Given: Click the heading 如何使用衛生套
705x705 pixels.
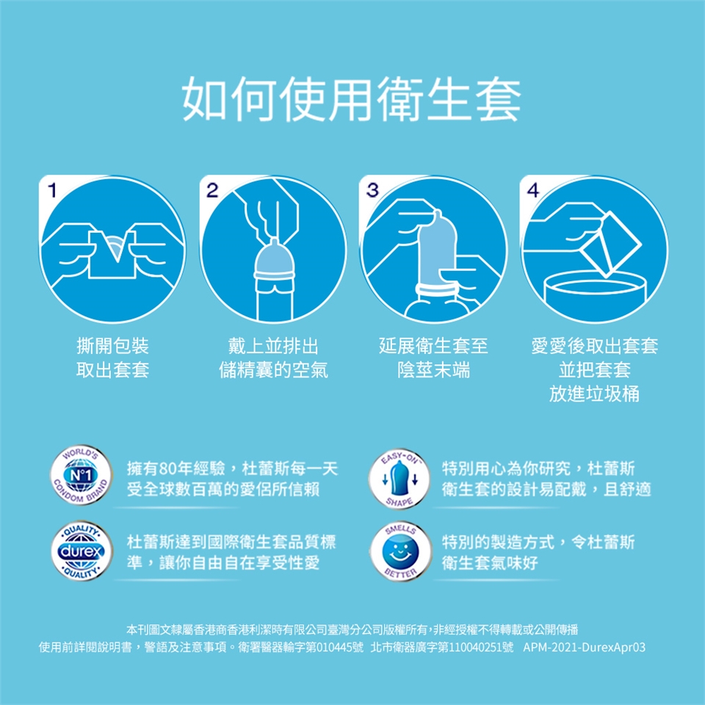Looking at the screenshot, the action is pyautogui.click(x=352, y=98).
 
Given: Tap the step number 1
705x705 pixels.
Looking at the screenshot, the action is pyautogui.click(x=52, y=190).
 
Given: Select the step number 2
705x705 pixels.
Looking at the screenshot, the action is pyautogui.click(x=212, y=190).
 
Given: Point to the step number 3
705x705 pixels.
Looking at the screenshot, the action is pyautogui.click(x=372, y=190).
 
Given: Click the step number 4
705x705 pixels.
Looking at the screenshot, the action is pyautogui.click(x=533, y=190).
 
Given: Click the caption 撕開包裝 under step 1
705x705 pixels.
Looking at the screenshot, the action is pyautogui.click(x=112, y=346).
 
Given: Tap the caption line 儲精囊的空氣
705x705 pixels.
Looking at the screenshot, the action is pyautogui.click(x=273, y=369).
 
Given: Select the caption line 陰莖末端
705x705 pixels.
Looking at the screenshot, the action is pyautogui.click(x=433, y=369).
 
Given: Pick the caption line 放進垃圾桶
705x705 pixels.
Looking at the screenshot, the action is pyautogui.click(x=594, y=394).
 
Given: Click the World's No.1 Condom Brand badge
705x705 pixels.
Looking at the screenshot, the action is pyautogui.click(x=81, y=475).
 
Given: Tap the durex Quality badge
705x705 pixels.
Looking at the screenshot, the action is pyautogui.click(x=81, y=551).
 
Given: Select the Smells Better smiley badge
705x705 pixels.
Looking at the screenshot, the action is pyautogui.click(x=399, y=552).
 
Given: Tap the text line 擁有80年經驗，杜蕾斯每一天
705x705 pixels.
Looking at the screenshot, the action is pyautogui.click(x=233, y=469).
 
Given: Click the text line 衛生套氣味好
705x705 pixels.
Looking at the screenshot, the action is pyautogui.click(x=490, y=563).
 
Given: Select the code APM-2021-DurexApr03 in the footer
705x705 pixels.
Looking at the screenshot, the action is pyautogui.click(x=584, y=648).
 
